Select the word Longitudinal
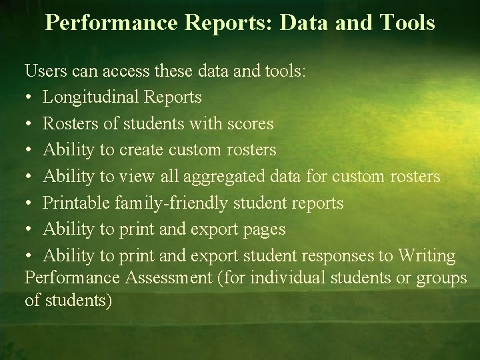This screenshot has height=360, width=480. coord(90,97)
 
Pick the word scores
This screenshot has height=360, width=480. coord(250,123)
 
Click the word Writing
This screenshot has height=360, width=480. coord(427,256)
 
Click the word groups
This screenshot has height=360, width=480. coord(441,279)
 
